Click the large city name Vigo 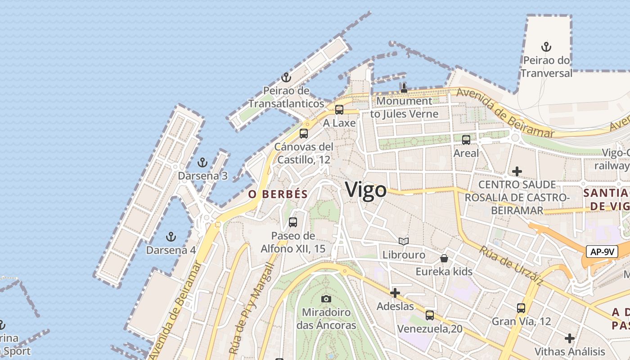click(366, 190)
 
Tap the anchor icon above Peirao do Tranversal click(546, 46)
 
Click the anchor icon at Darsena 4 click(171, 236)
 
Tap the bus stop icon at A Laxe click(339, 109)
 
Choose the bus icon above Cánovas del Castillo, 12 click(304, 133)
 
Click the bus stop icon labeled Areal click(466, 139)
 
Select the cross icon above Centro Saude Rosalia click(517, 171)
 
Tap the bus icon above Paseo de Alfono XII click(293, 222)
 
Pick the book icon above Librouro click(404, 242)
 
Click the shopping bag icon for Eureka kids click(444, 258)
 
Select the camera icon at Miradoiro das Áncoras click(326, 299)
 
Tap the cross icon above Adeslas click(395, 293)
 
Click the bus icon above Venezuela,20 click(430, 315)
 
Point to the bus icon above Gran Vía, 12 click(521, 308)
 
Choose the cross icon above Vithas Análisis click(570, 338)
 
